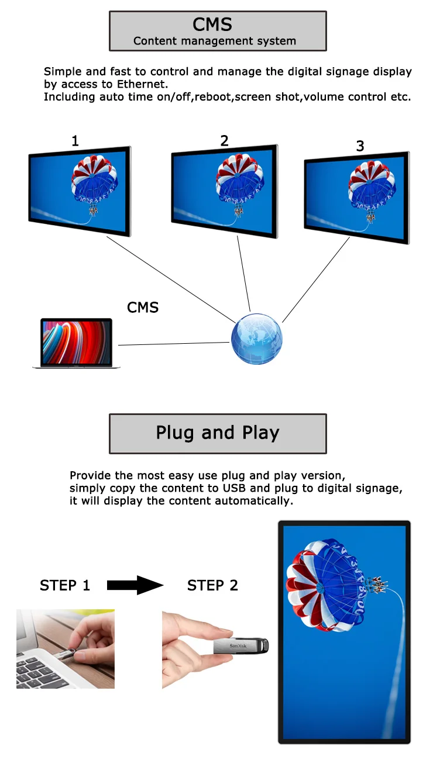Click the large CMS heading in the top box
pos(212,25)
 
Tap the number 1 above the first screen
pos(75,141)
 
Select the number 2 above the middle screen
pos(224,141)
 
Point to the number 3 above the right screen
pos(360,146)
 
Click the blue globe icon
pos(257,339)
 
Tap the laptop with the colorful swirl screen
pos(77,343)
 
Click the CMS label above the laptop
pos(143,308)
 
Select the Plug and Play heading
pos(218,433)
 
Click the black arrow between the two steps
pos(135,585)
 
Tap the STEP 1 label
pos(65,585)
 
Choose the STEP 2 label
pos(212,585)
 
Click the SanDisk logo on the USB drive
pos(238,646)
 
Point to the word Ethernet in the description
pos(142,84)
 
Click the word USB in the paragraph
pos(235,488)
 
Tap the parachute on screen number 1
pos(94,182)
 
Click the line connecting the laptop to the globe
pos(174,344)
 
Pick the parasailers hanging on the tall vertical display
pos(376,585)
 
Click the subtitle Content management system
pos(214,42)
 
